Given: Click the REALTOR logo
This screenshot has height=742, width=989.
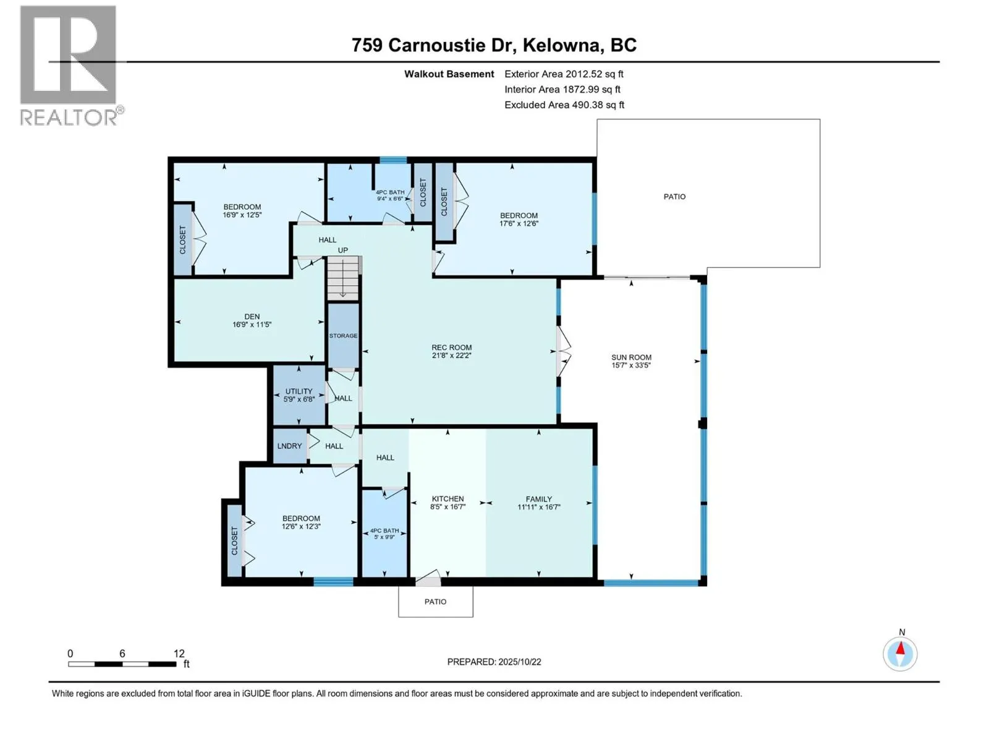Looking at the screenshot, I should pos(69,65).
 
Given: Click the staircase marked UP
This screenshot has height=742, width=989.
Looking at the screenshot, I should pos(343,278).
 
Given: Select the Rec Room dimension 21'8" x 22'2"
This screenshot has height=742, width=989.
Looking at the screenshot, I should pos(451,356).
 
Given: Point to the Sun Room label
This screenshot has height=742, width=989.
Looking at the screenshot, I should pos(631,357).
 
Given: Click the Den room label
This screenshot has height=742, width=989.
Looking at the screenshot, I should pos(252,317).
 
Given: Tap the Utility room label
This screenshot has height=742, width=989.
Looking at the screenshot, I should pos(299,391).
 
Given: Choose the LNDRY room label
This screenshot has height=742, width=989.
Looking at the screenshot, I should pos(289,446).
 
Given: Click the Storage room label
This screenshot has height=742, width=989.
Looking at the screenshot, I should pos(343,336).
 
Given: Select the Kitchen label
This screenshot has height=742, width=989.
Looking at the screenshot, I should pos(448,499).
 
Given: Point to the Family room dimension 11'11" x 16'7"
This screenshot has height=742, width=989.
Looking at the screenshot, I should pos(538,507).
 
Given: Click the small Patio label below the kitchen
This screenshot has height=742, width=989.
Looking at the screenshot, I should pos(435,602).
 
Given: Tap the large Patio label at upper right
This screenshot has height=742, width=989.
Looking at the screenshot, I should pos(674,197).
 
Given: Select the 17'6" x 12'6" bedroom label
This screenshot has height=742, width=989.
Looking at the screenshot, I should pos(519,224).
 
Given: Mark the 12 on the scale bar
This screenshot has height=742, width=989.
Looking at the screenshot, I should pos(179,654).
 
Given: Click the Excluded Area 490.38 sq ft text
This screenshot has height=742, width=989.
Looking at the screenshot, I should pos(564,105).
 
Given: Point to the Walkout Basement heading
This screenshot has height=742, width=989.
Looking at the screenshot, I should pos(449,74).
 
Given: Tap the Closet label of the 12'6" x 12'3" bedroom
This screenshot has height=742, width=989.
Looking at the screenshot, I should pos(234,540).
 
